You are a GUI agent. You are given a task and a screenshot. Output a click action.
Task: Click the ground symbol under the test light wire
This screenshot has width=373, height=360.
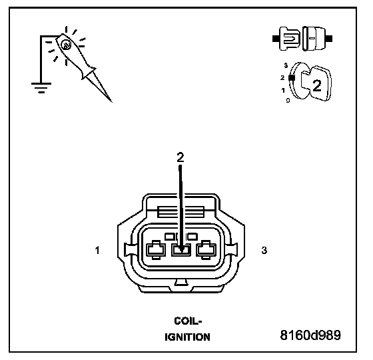point(41,87)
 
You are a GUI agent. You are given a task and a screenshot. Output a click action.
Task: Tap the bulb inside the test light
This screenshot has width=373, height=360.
point(65,45)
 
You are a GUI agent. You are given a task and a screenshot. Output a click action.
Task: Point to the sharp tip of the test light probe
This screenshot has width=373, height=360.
point(111,101)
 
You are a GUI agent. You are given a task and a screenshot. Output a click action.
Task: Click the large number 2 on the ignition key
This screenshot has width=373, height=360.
point(316,85)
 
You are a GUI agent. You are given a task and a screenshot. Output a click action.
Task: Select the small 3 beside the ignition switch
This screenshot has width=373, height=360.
point(286,65)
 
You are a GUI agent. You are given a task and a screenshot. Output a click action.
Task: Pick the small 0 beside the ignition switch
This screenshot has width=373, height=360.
point(288,101)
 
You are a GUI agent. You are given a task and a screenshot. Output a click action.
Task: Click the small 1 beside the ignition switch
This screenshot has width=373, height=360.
point(283,90)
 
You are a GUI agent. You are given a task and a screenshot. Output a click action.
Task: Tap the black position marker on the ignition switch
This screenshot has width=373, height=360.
point(292,77)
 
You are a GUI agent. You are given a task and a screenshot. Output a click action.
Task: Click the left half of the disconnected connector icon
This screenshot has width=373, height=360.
point(286,39)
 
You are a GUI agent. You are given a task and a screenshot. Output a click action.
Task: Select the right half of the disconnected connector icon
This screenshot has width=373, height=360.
point(316,39)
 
